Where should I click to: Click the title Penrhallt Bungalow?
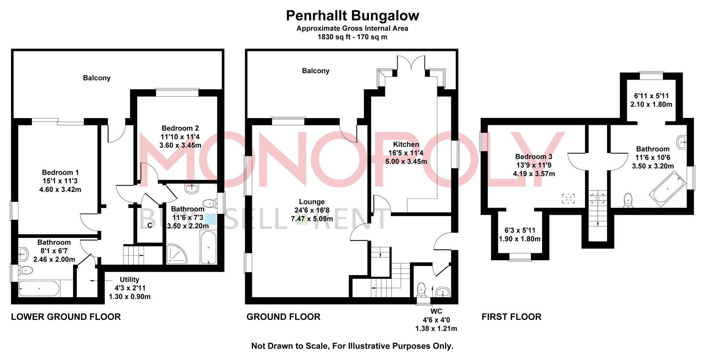[x=352, y=16]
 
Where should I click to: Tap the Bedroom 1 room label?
[x=60, y=172]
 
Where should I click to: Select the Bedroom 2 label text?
[x=180, y=128]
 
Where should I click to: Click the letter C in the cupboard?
[x=150, y=225]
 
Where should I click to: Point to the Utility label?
[x=129, y=280]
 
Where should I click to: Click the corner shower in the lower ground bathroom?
[x=177, y=254]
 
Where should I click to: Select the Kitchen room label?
[x=406, y=144]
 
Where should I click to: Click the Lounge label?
[x=312, y=202]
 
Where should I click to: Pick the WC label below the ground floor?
[x=436, y=312]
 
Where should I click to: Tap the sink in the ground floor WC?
[x=443, y=292]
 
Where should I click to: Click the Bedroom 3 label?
[x=534, y=157]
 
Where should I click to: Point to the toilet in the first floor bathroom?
[x=628, y=200]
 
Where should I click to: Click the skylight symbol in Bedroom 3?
[x=568, y=199]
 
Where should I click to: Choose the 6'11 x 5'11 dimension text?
[x=651, y=96]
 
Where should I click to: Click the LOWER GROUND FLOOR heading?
[x=66, y=317]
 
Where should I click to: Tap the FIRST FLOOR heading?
[x=511, y=317]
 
